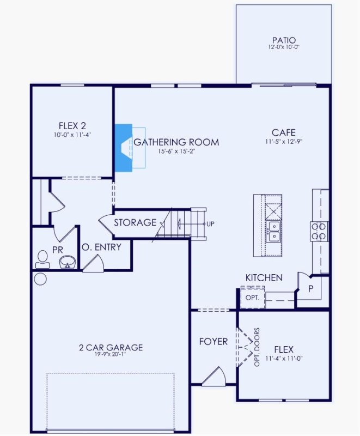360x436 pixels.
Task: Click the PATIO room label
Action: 284,40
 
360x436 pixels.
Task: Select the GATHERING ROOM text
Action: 176,142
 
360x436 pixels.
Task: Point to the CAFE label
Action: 283,132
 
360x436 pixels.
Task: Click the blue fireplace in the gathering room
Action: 124,148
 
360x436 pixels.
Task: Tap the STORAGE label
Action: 135,223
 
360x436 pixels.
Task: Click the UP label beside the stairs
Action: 210,224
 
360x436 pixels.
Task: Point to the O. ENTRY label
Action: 101,247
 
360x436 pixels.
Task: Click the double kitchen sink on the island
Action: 273,231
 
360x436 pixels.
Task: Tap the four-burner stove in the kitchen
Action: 319,231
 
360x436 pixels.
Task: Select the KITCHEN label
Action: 264,278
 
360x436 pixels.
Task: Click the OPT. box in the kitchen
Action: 252,298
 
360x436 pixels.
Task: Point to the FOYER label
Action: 213,342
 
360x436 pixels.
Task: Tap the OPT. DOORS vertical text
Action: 257,347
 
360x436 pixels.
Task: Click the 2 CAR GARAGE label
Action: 111,347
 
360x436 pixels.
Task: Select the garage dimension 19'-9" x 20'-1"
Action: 111,355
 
